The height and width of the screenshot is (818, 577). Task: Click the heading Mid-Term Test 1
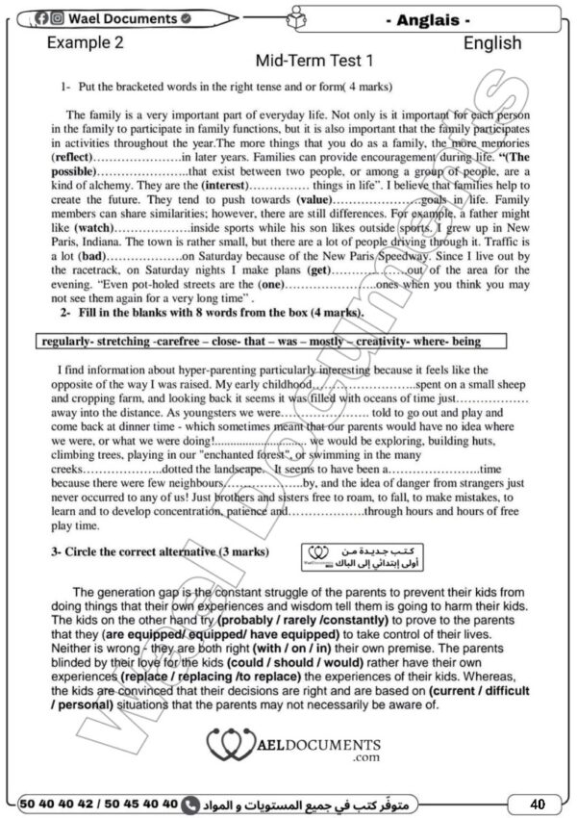[314, 62]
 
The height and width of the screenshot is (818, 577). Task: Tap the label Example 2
[86, 42]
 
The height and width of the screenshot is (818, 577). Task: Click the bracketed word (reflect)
[74, 156]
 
